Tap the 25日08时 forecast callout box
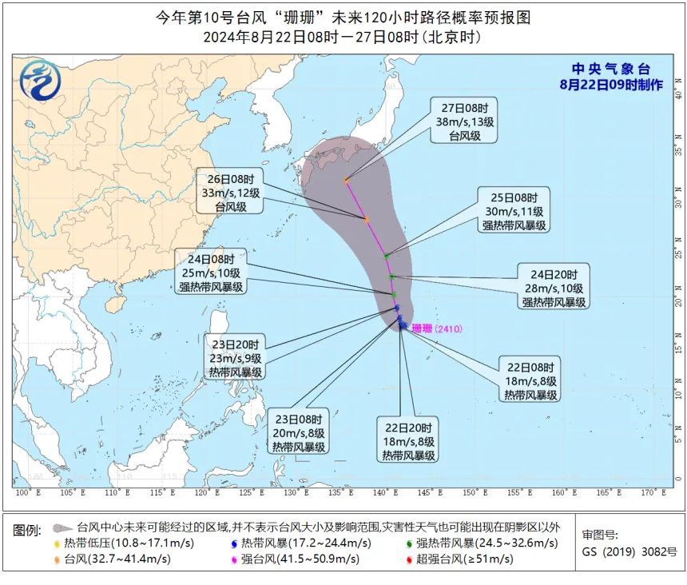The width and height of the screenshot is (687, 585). [x=513, y=211]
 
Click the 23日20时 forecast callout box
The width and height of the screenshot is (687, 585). [x=235, y=356]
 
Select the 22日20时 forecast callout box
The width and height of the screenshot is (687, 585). [x=408, y=441]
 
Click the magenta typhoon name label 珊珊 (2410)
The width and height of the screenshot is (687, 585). [x=437, y=328]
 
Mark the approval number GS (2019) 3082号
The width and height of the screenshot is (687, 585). [x=629, y=551]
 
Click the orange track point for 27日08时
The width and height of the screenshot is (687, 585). [x=346, y=180]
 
